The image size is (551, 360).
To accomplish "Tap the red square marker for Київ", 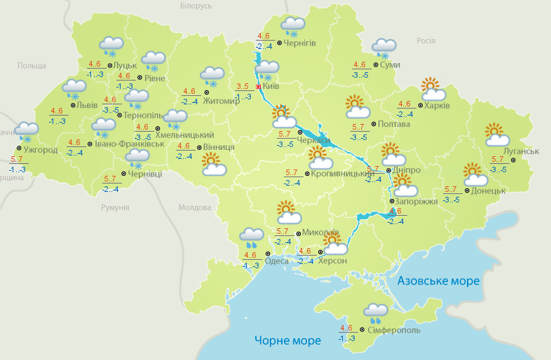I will tap(259, 87).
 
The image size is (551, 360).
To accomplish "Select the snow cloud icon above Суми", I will tap(383, 48).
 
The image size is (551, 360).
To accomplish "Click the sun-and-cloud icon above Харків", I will tap(433, 89).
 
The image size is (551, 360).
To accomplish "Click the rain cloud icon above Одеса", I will tap(252, 238).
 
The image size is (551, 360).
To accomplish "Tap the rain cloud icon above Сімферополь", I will tap(376, 312).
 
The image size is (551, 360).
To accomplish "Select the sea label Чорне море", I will tap(287, 340).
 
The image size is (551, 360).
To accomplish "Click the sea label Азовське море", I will tap(438, 281).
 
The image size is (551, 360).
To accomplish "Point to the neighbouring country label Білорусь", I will tap(196, 6).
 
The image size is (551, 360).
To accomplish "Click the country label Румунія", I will tap(115, 208).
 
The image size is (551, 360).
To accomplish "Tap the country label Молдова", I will tap(194, 208).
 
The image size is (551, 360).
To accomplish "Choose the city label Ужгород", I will tap(40, 150).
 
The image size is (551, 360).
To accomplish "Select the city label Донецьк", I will tap(488, 191).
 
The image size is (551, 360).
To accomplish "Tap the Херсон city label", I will tap(332, 261).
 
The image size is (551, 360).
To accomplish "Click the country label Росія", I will tap(426, 41).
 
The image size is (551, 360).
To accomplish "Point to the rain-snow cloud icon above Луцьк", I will tap(111, 46).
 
